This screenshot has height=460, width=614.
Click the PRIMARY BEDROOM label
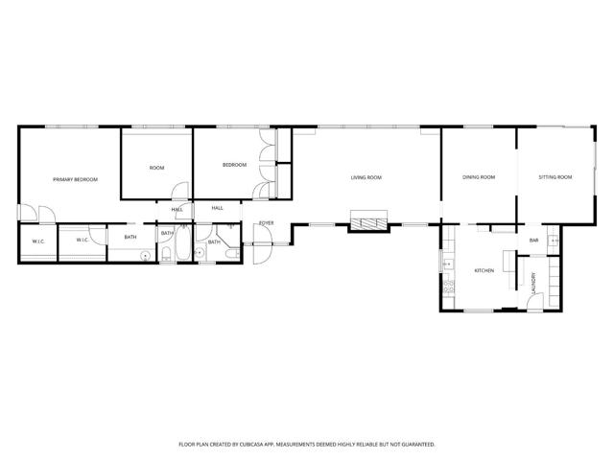click(x=75, y=179)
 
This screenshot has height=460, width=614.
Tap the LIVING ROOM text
click(x=366, y=177)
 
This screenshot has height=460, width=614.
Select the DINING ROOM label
click(x=479, y=177)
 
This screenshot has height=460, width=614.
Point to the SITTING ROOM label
click(x=555, y=177)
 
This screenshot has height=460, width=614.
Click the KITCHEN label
click(x=484, y=270)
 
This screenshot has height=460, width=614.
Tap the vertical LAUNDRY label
click(x=533, y=283)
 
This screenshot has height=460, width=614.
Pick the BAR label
click(x=533, y=241)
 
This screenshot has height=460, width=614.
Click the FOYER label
click(x=267, y=223)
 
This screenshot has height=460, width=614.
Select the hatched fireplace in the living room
click(x=368, y=223)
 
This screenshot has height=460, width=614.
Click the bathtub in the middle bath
click(x=183, y=242)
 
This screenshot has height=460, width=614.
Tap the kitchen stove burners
click(x=448, y=287)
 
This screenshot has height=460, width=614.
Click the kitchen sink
click(x=447, y=264)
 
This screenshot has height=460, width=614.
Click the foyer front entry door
click(x=262, y=244)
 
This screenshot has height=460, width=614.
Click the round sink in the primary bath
click(x=146, y=256)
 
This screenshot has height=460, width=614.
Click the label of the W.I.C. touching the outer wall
click(x=38, y=241)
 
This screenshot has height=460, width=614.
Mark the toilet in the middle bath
click(x=166, y=253)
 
